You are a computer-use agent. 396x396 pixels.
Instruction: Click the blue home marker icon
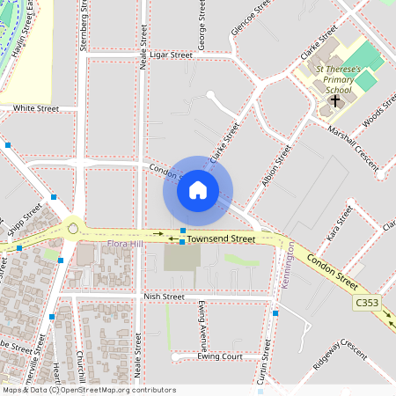point(197,190)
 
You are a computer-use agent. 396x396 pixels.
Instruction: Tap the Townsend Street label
point(221,238)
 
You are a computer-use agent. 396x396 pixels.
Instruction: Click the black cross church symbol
point(334,100)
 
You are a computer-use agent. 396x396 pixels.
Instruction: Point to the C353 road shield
point(368,303)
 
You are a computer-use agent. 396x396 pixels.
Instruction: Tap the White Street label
point(36,108)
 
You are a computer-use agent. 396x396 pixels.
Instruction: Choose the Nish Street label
point(164,297)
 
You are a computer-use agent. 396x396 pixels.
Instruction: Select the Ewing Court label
point(220,357)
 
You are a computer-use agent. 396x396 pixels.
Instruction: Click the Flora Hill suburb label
point(123,243)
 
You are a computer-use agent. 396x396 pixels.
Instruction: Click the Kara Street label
point(333,232)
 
